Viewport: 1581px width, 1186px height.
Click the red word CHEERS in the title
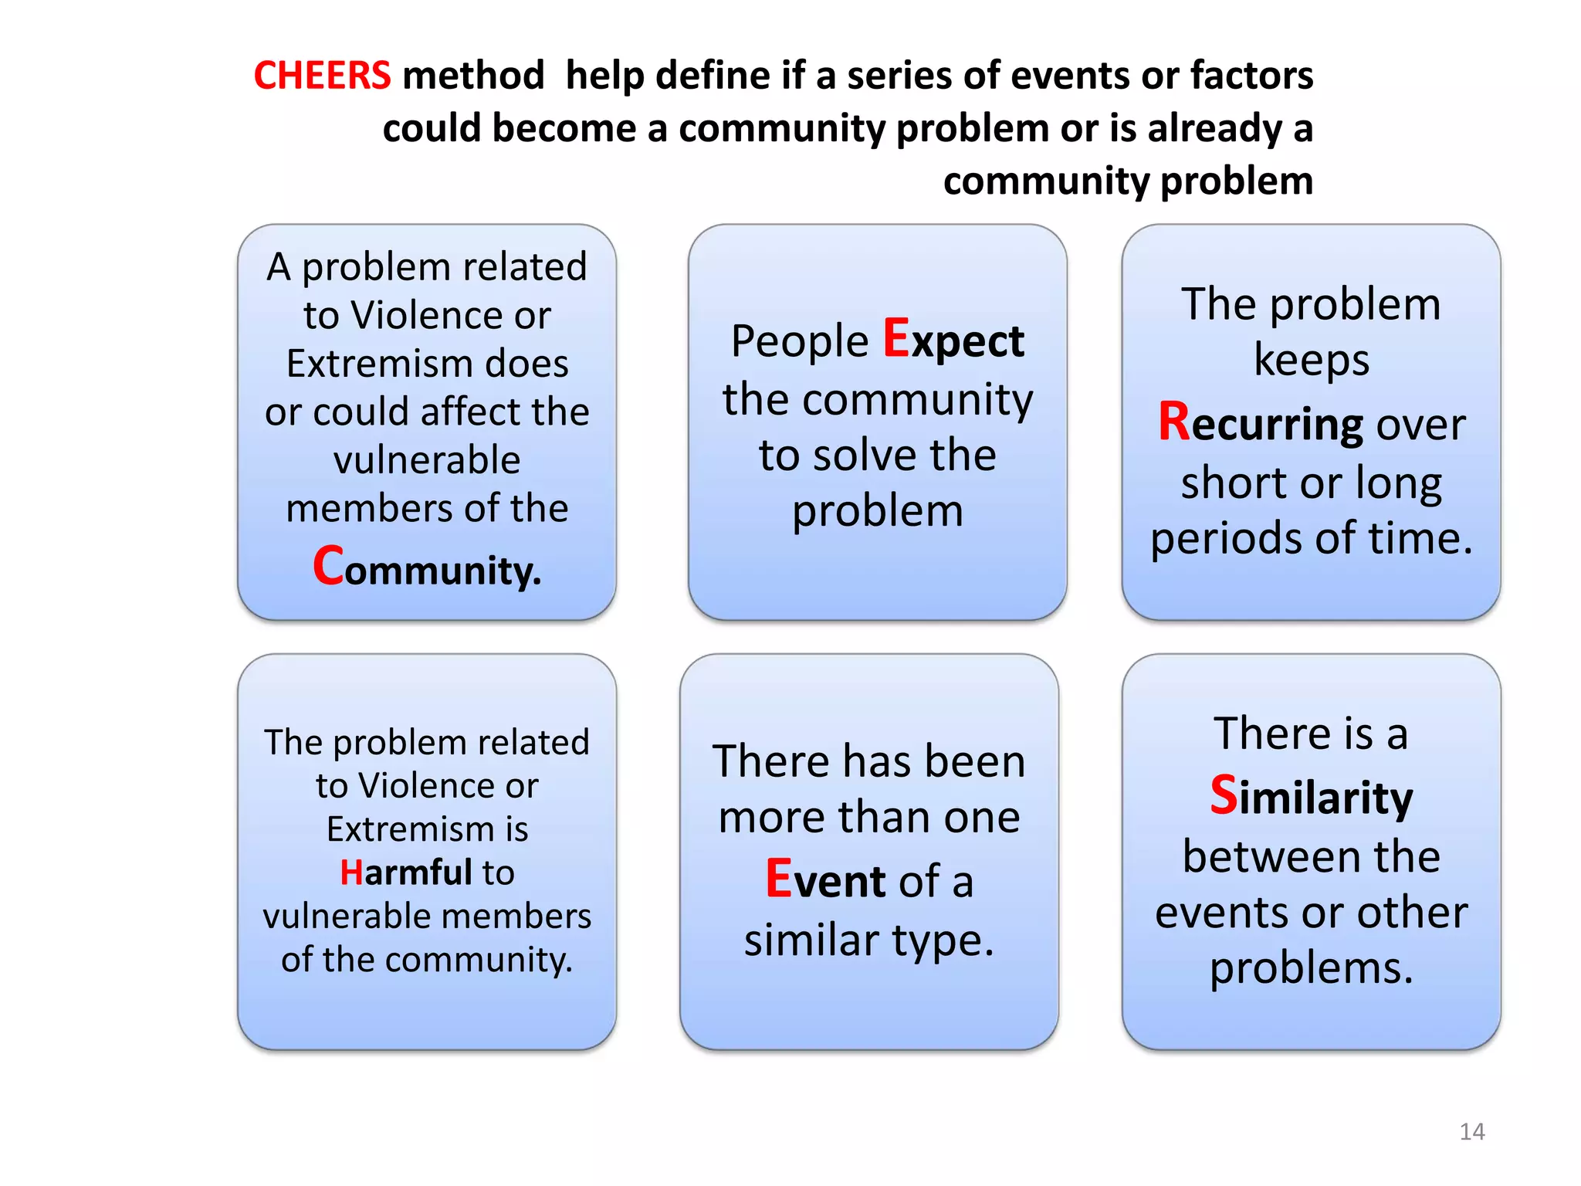point(322,76)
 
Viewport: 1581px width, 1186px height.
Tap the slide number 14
point(1471,1131)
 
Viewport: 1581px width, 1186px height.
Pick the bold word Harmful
point(406,873)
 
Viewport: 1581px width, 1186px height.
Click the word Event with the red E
point(825,880)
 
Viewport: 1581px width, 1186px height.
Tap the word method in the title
point(473,76)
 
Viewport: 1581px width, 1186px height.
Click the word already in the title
point(1214,128)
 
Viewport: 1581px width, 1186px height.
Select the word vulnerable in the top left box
point(427,460)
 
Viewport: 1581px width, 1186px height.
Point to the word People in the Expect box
point(800,341)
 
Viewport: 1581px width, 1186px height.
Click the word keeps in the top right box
point(1311,360)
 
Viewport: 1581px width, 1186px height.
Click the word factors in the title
point(1251,76)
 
